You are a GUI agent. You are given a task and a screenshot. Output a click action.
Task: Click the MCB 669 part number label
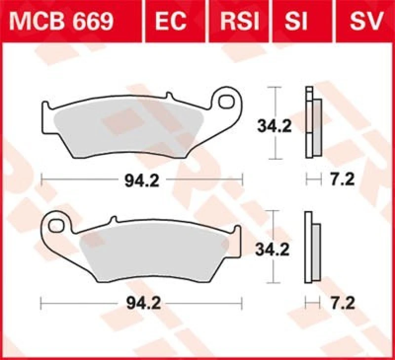click(64, 20)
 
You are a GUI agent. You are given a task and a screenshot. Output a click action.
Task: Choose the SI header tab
click(296, 20)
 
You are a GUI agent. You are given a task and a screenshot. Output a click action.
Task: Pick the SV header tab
click(366, 20)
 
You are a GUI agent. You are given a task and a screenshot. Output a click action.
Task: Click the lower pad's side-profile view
click(312, 248)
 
